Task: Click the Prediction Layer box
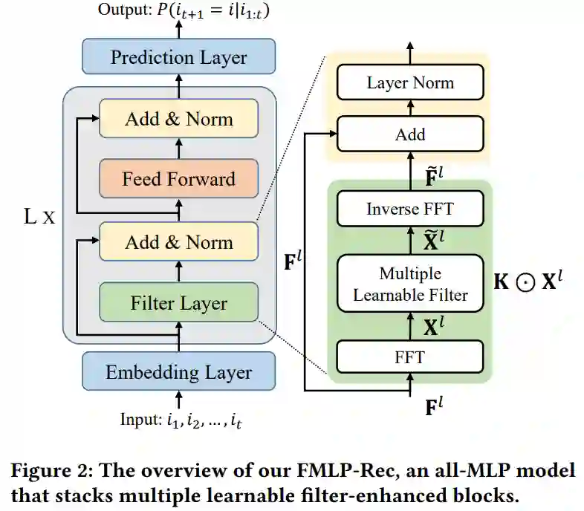click(179, 56)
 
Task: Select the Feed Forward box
click(179, 178)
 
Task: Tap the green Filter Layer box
click(179, 302)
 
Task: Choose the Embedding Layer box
click(179, 371)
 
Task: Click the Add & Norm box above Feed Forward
click(179, 118)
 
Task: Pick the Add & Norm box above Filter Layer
click(179, 241)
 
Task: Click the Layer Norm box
click(410, 82)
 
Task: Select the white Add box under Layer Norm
click(410, 134)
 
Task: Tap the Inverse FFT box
click(410, 209)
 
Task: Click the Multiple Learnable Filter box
click(410, 284)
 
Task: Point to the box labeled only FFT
click(410, 357)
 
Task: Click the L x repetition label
click(39, 216)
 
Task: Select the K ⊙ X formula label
click(528, 281)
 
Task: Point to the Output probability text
click(184, 10)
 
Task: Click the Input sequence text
click(181, 420)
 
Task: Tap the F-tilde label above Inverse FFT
click(434, 176)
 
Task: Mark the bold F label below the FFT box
click(434, 406)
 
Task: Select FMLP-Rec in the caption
click(345, 469)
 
